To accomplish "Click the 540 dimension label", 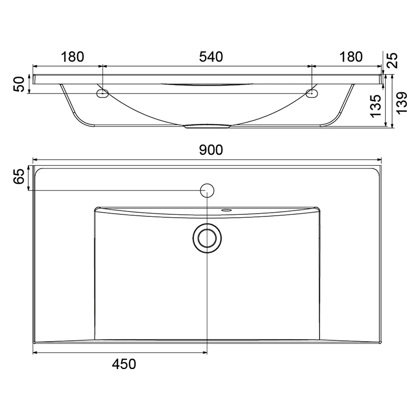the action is coord(211,57).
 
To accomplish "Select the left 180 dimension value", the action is coord(72,57).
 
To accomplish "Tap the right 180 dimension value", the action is coord(351,57).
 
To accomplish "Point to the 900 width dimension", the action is coord(211,150).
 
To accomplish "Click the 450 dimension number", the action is coord(124,364).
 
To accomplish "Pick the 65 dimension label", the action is coord(19,176).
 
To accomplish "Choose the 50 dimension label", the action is coord(19,84).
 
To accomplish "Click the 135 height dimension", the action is coord(375,106).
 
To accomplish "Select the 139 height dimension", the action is coord(402,103).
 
